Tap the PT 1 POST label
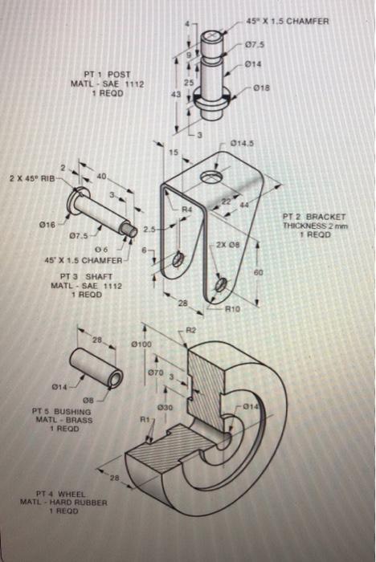(x=106, y=74)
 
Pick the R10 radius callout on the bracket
(x=233, y=308)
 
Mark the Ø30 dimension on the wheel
(x=166, y=408)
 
